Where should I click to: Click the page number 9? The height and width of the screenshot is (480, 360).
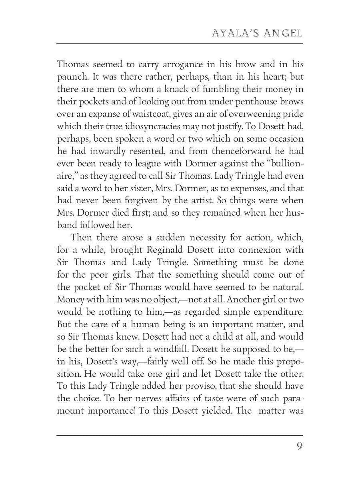pyautogui.click(x=299, y=446)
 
